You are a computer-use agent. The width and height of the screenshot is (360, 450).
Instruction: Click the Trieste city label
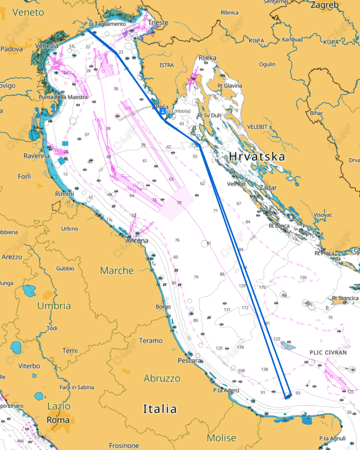coord(158,23)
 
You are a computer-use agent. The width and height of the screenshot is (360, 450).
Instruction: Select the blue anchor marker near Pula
coord(162,111)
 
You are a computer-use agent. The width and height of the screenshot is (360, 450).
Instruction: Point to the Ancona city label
coord(137,241)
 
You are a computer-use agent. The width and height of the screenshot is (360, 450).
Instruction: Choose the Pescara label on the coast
coord(190,361)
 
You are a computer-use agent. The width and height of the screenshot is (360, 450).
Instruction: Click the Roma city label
coord(58,420)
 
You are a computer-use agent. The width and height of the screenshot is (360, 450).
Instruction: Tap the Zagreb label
coord(324,5)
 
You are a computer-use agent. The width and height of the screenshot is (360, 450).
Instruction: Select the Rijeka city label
coord(207,58)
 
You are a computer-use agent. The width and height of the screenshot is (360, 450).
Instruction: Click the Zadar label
coord(268,188)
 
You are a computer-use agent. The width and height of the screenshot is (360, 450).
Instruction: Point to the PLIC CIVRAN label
coord(328,352)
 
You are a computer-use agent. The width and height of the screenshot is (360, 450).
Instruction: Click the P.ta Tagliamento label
coord(105,24)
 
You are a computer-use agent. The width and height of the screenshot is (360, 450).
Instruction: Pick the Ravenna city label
coord(37,156)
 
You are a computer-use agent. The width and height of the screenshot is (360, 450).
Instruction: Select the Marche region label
coord(117,271)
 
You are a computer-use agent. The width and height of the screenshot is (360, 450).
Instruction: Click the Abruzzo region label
coord(162,379)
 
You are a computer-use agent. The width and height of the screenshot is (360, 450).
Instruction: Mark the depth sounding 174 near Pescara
coord(240,347)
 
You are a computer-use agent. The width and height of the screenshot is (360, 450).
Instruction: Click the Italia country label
coord(160,409)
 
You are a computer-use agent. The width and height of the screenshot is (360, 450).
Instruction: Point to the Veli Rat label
coord(236,184)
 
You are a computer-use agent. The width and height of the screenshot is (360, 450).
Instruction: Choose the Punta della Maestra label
coord(63,97)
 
